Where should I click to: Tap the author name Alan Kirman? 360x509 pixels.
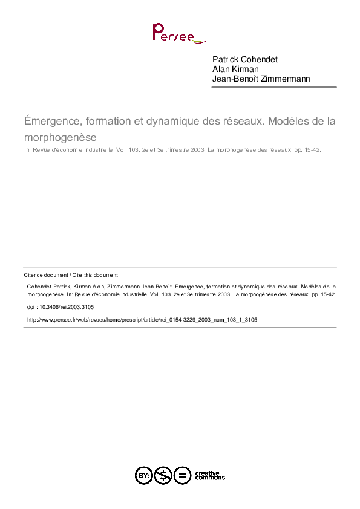237,69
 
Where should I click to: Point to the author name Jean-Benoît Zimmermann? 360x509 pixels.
261,79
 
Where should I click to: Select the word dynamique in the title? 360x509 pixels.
171,121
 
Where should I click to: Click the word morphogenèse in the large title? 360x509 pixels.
61,137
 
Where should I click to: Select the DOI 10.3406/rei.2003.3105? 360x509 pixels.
66,307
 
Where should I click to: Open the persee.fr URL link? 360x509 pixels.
143,319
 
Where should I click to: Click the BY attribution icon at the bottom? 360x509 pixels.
143,475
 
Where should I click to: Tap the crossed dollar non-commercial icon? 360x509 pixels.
163,475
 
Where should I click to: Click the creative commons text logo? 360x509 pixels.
209,475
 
